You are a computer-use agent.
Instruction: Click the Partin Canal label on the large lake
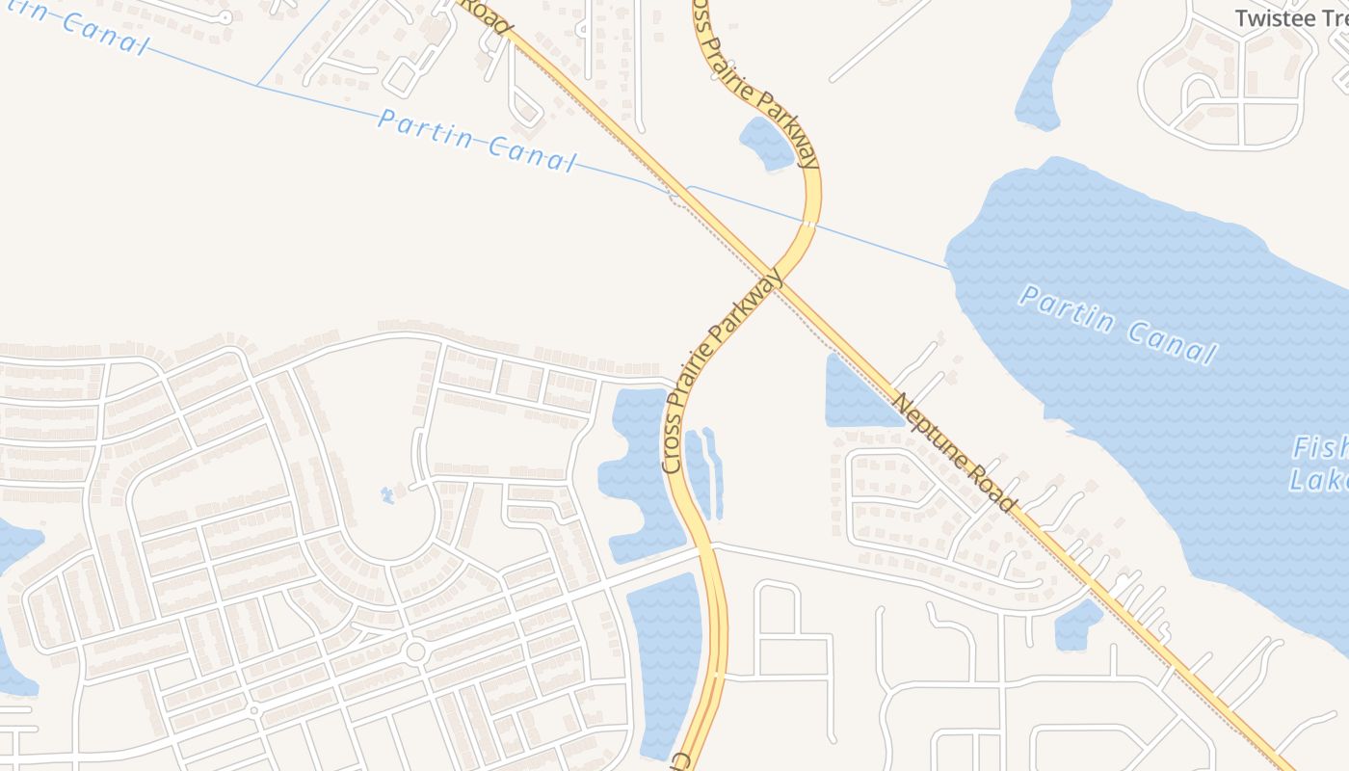coord(1117,325)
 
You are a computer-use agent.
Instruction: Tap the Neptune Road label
coord(953,452)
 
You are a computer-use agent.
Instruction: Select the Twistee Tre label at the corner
coord(1291,18)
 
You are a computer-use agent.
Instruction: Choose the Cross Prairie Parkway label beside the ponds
coord(722,371)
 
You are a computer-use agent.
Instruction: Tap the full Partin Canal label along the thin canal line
coord(477,140)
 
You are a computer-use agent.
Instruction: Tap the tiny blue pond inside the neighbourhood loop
coord(387,495)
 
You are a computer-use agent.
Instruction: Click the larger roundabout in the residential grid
coord(415,652)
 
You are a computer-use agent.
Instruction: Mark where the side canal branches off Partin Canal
coord(257,85)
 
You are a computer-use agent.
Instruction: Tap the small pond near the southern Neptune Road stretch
coord(1077,625)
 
